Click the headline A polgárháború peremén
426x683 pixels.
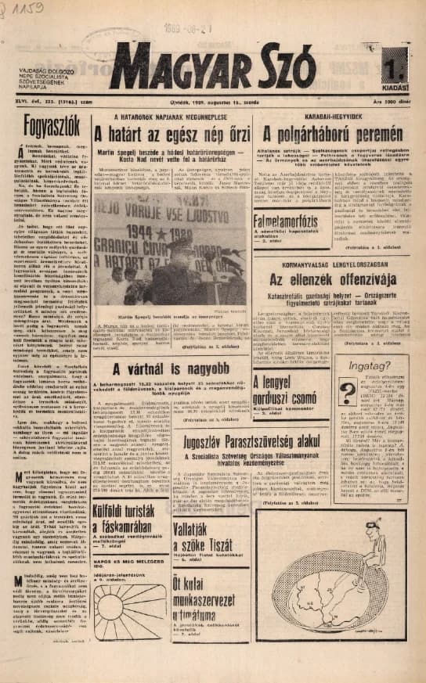[338, 135]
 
